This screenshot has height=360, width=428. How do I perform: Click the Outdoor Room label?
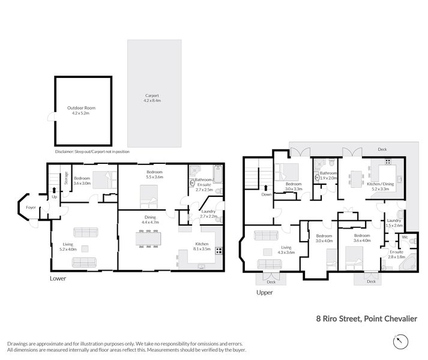[x=82, y=110]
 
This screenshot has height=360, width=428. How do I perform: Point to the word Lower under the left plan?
[x=59, y=279]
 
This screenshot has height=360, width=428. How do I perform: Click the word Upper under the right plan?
[x=264, y=293]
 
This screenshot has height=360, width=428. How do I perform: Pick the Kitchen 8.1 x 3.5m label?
[x=202, y=246]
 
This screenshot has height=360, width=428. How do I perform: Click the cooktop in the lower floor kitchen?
[x=219, y=251]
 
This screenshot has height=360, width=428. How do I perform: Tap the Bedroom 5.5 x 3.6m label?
[x=155, y=174]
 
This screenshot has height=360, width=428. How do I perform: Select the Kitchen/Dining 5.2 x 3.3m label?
[x=381, y=186]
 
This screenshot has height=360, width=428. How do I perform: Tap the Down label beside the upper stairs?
[x=266, y=195]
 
